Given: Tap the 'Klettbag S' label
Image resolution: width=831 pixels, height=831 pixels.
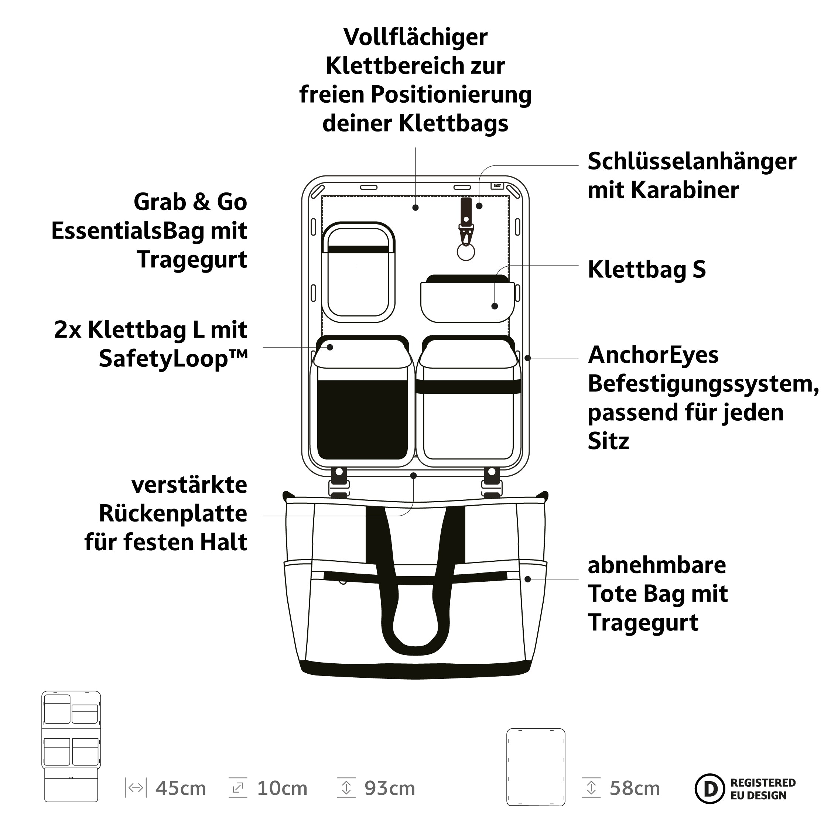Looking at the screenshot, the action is (x=646, y=270).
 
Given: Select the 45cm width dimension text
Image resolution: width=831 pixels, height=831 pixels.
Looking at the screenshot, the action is (x=181, y=789).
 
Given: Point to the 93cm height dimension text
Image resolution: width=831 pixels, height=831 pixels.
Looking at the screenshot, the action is (x=390, y=789).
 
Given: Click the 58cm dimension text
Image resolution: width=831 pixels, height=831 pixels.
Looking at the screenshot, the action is (x=635, y=789).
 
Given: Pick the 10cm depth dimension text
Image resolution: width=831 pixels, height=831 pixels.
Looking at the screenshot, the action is (x=282, y=789).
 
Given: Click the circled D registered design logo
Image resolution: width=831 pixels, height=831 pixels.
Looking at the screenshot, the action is (x=710, y=788).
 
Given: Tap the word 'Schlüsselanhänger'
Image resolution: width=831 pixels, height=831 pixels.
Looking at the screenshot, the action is (x=692, y=162).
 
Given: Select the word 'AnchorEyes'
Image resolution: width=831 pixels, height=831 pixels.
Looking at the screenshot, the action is (x=653, y=355).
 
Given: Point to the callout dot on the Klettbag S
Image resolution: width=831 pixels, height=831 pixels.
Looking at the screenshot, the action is (x=495, y=306).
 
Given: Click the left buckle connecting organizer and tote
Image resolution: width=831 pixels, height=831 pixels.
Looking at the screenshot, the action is (x=339, y=483).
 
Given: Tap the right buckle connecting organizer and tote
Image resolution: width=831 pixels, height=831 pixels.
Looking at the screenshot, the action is (x=492, y=483).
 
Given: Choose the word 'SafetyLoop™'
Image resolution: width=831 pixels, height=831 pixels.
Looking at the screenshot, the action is (x=173, y=359).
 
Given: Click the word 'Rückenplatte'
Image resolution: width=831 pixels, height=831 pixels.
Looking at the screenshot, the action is (x=173, y=514).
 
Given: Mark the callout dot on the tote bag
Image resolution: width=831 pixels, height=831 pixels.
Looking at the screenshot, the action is (x=528, y=579).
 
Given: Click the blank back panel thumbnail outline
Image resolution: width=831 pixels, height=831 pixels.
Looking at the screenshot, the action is (x=536, y=767).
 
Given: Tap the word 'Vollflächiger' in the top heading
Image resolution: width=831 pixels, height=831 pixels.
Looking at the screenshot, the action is (x=415, y=37).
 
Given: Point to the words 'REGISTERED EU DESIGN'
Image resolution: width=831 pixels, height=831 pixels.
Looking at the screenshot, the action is (x=763, y=789).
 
